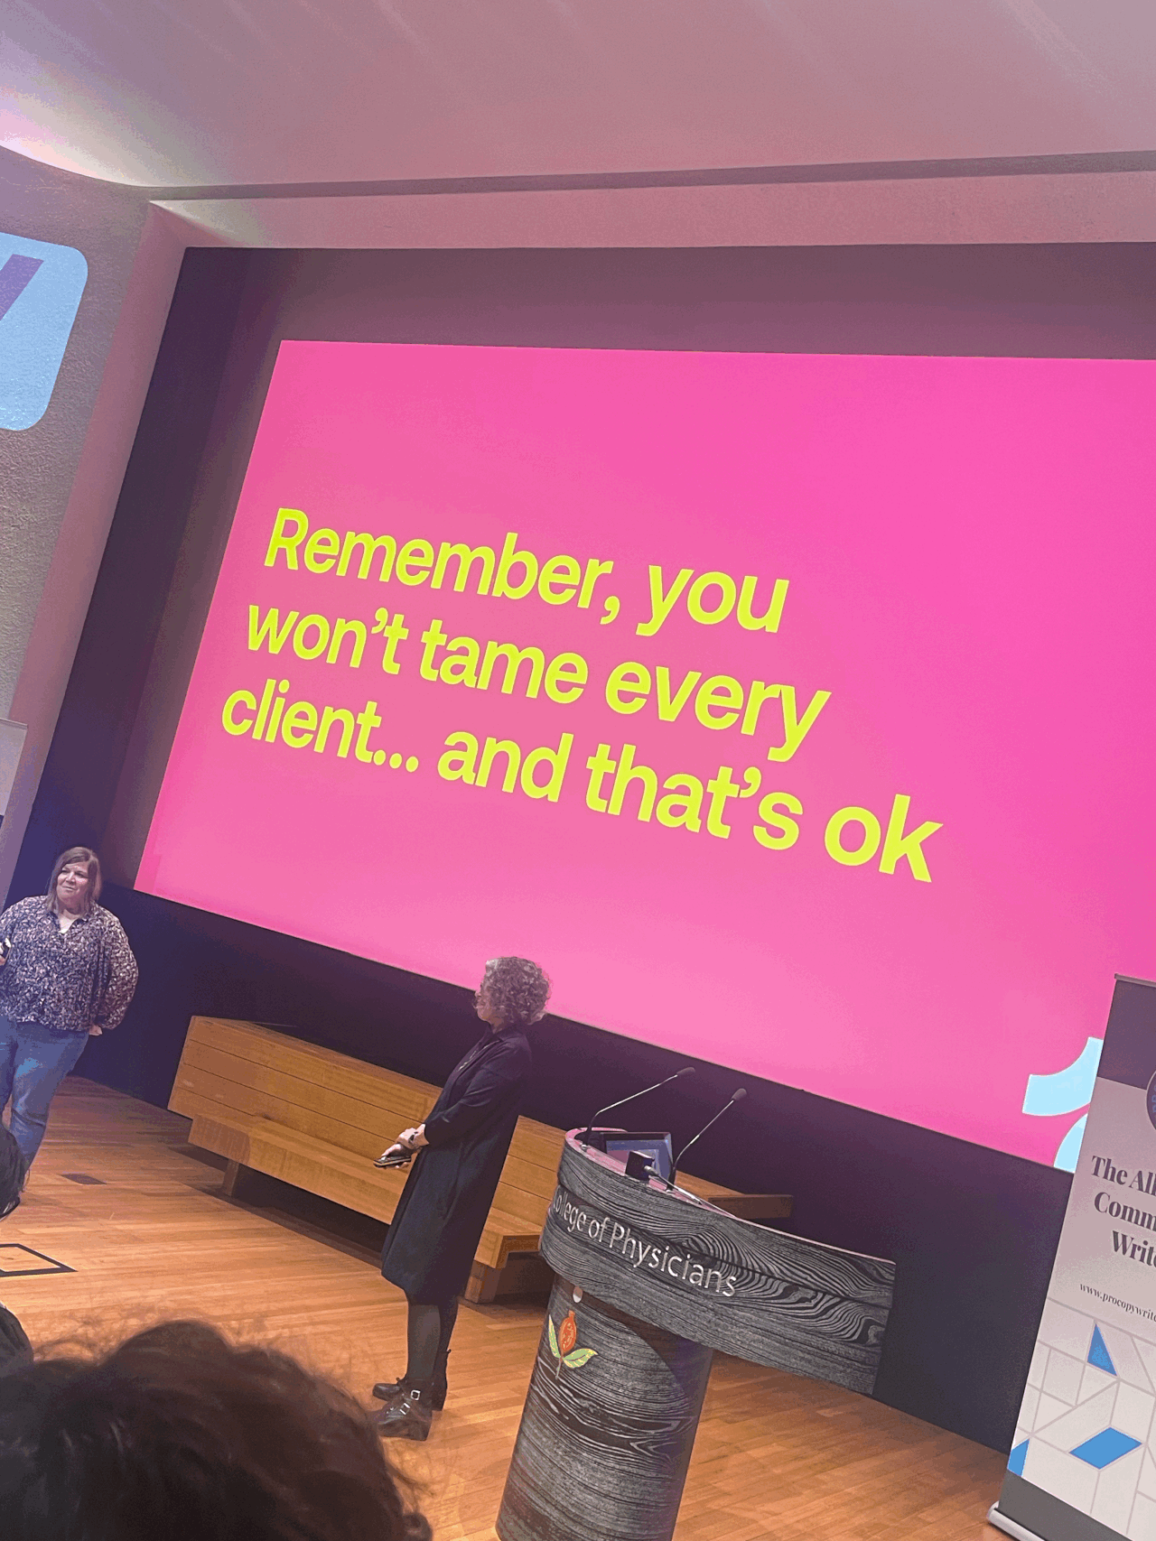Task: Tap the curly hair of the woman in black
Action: tap(516, 989)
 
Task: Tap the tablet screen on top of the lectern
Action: tap(638, 1150)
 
